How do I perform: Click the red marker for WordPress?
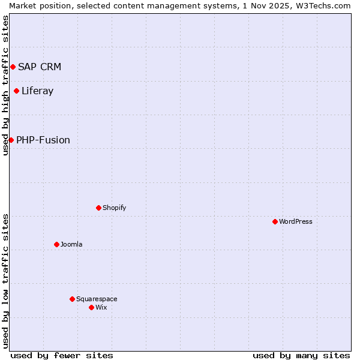(x=275, y=221)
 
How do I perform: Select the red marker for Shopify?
(x=99, y=208)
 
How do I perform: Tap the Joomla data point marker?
(x=57, y=244)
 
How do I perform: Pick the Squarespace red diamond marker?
(x=73, y=299)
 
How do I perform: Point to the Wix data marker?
(x=92, y=307)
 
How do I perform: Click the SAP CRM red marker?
(x=13, y=67)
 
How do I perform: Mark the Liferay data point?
(x=17, y=91)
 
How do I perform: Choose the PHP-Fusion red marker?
(x=11, y=140)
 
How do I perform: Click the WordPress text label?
(x=296, y=221)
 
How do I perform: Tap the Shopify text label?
(x=115, y=208)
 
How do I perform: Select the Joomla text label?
(x=71, y=244)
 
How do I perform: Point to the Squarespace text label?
(x=97, y=299)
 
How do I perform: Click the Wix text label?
(x=101, y=307)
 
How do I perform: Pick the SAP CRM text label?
(x=40, y=67)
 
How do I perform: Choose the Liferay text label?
(x=38, y=91)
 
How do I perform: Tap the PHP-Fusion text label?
(x=43, y=140)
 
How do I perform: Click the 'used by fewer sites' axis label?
(x=62, y=355)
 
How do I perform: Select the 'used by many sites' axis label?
(x=301, y=355)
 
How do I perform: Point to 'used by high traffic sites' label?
(x=5, y=85)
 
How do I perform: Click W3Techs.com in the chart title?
(x=322, y=5)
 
